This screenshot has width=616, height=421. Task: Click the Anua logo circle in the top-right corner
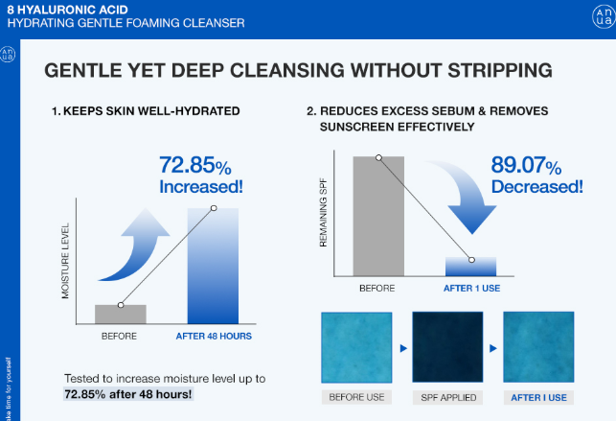coord(602,18)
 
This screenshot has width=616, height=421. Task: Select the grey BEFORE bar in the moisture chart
coord(121,315)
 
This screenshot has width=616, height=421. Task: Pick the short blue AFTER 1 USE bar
coord(471,267)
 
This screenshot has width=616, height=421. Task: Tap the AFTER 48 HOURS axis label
coord(214,337)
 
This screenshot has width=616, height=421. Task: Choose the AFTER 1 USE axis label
coord(471,288)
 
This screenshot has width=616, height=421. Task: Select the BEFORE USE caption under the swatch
coord(355,397)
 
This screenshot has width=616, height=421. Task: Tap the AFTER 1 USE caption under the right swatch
coord(538,397)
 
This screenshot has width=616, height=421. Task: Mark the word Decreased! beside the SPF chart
coord(536,187)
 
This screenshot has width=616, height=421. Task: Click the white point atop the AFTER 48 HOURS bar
coord(213,208)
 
